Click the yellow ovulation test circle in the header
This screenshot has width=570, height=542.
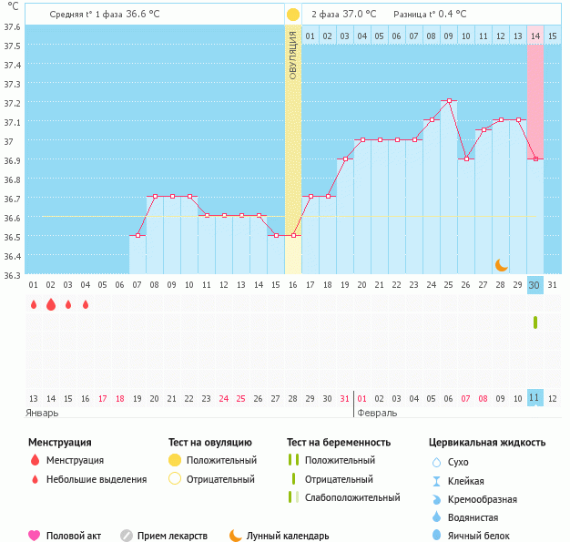click(x=292, y=15)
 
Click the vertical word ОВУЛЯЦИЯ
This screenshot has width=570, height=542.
click(x=293, y=56)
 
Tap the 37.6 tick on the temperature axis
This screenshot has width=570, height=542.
click(x=14, y=26)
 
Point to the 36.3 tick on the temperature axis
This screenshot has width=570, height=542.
click(x=14, y=274)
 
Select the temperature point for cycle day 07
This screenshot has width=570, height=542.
click(x=137, y=235)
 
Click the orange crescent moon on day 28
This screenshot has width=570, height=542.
click(x=502, y=264)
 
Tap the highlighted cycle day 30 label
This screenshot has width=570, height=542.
click(x=535, y=285)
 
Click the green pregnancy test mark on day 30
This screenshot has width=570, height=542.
click(x=535, y=322)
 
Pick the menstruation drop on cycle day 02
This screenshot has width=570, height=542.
click(x=51, y=305)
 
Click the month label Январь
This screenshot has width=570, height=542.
click(x=43, y=413)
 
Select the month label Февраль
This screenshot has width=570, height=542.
click(x=378, y=413)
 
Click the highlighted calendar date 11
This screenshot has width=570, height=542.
click(x=535, y=398)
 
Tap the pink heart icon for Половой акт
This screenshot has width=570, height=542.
click(x=35, y=536)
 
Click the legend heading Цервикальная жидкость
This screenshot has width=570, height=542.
click(x=487, y=442)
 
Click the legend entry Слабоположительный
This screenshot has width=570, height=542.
click(x=352, y=497)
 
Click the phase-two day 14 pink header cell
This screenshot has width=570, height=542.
click(x=535, y=36)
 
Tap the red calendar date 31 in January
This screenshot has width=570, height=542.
click(x=344, y=398)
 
